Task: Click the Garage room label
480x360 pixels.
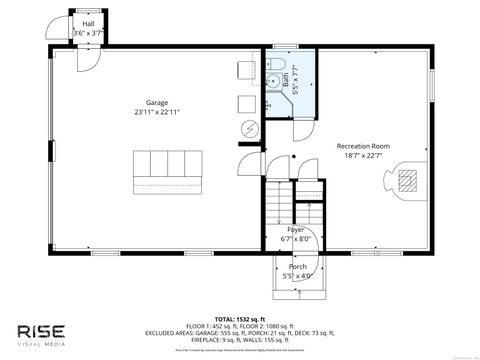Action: pos(156,103)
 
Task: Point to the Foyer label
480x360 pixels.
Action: pos(298,230)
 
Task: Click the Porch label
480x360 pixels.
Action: pos(298,267)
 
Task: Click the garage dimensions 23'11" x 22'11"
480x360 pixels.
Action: pos(156,113)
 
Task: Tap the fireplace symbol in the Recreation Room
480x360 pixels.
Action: pos(406,181)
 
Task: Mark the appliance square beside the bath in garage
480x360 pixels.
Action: pos(246,104)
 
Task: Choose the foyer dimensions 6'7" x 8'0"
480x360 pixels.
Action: pos(298,239)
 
